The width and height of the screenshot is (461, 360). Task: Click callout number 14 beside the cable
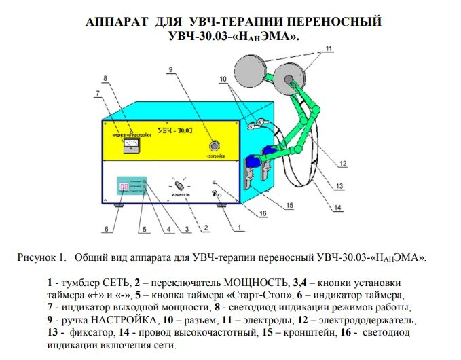click(x=338, y=209)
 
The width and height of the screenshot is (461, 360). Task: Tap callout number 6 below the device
click(x=106, y=229)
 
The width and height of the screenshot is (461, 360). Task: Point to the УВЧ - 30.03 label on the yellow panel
click(x=175, y=129)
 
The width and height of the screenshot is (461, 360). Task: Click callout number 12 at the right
click(x=342, y=164)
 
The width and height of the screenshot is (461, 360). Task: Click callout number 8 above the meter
click(x=105, y=79)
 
